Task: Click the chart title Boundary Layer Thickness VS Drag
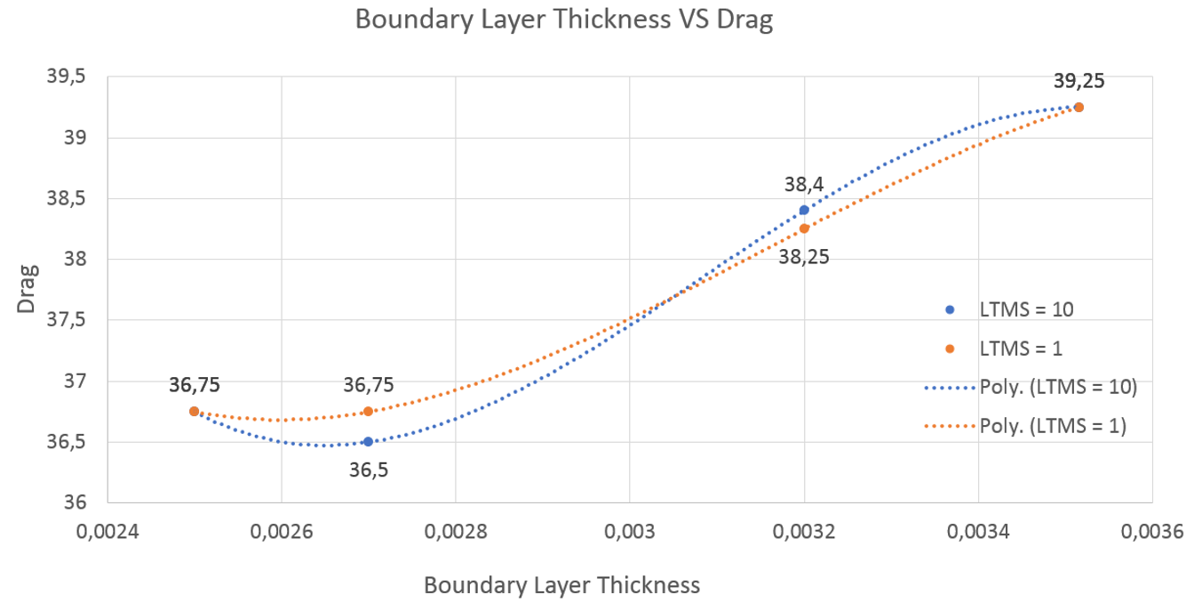click(x=563, y=20)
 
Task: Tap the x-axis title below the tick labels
click(x=561, y=585)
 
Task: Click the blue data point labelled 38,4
click(x=804, y=210)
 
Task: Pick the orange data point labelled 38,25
click(x=804, y=229)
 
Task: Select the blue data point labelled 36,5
click(x=368, y=441)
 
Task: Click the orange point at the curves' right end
click(x=1079, y=107)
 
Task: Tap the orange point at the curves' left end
click(x=194, y=411)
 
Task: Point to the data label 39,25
click(x=1079, y=81)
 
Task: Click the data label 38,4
click(x=803, y=185)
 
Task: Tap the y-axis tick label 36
click(x=75, y=502)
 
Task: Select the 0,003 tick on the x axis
click(x=630, y=532)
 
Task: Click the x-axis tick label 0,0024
click(x=107, y=532)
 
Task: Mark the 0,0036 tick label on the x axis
click(x=1152, y=532)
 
